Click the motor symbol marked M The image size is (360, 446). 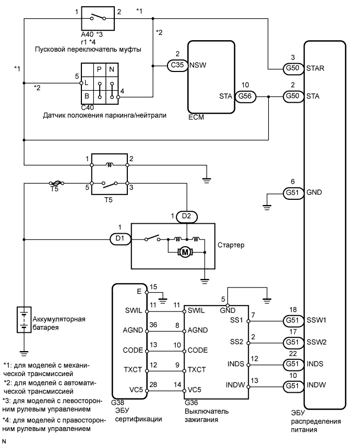(x=185, y=252)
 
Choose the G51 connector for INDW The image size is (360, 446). (x=292, y=386)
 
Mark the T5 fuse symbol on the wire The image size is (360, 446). (x=55, y=183)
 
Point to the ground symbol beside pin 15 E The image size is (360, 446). (x=162, y=299)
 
